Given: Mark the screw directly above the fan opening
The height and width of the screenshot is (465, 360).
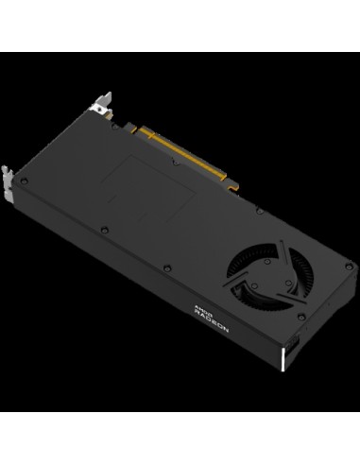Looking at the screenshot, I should [x=256, y=219].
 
